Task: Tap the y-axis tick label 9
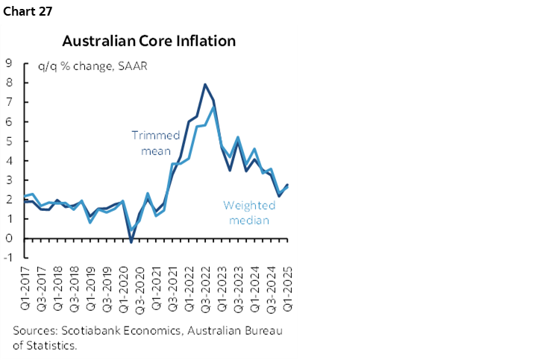[x=9, y=63]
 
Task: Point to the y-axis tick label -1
[x=7, y=258]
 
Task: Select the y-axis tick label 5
[x=9, y=141]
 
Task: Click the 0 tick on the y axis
[x=9, y=239]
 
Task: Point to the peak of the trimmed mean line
[x=204, y=84]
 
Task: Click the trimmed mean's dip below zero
[x=131, y=241]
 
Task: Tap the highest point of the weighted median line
[x=214, y=107]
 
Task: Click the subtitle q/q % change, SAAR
[x=93, y=66]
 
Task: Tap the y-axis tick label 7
[x=9, y=102]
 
